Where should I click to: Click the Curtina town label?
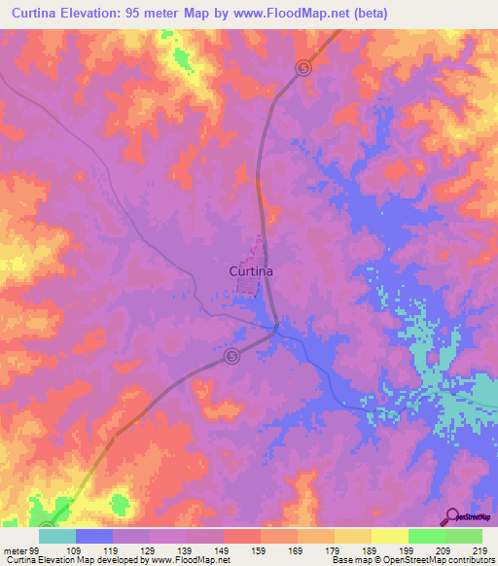click(x=250, y=272)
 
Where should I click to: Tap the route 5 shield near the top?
click(x=304, y=67)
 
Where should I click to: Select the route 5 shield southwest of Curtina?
click(x=231, y=357)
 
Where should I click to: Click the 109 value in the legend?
click(x=76, y=549)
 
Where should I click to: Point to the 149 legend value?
click(x=224, y=549)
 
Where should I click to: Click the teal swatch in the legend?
click(x=57, y=536)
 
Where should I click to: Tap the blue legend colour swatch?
click(x=94, y=536)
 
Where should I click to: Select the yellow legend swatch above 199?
click(x=390, y=536)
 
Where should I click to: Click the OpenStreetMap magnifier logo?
click(x=452, y=516)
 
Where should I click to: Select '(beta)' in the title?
click(x=373, y=13)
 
